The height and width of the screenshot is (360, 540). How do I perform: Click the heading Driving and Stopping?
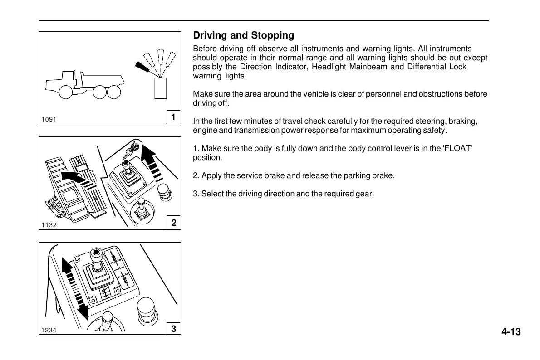243,35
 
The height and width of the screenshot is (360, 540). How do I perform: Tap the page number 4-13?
511,332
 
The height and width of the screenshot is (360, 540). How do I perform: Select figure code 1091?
48,119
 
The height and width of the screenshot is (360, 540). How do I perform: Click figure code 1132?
49,224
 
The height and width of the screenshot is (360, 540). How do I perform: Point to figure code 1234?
49,330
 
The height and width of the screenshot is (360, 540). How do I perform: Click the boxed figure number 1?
173,117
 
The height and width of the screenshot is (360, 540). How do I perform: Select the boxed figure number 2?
173,223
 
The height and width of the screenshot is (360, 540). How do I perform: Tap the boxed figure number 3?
173,329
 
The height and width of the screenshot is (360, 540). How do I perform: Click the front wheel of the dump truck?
67,92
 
